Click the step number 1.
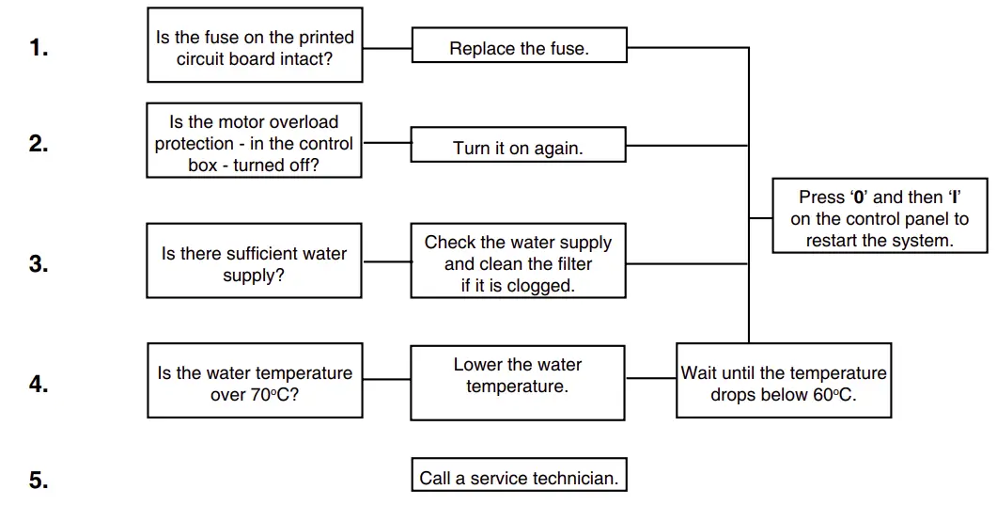pos(39,48)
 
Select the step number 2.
pos(39,144)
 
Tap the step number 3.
pos(39,264)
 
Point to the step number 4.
pos(39,384)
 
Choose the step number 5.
pos(39,481)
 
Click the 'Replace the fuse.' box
pos(519,48)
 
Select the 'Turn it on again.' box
pos(518,149)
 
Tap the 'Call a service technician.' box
pos(519,477)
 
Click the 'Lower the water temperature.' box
pos(518,380)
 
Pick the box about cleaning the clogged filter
pos(518,263)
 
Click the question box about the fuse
pos(255,48)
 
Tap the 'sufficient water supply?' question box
pos(255,264)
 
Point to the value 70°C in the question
pos(274,395)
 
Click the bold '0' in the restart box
pos(859,197)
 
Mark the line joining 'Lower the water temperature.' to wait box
pos(650,379)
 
